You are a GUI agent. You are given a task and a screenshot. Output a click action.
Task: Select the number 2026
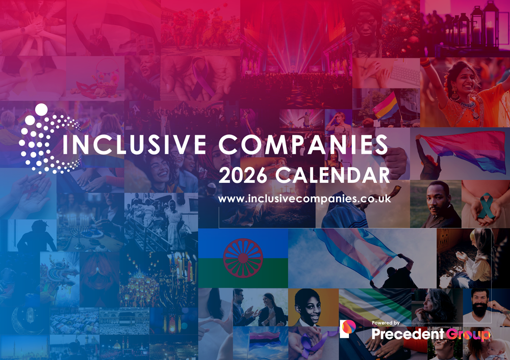[x=242, y=175]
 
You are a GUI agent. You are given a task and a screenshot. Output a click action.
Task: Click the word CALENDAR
[x=333, y=175]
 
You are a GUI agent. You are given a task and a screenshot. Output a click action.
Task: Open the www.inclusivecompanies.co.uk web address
[x=304, y=199]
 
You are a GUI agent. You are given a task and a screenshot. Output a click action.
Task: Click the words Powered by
[x=387, y=323]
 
